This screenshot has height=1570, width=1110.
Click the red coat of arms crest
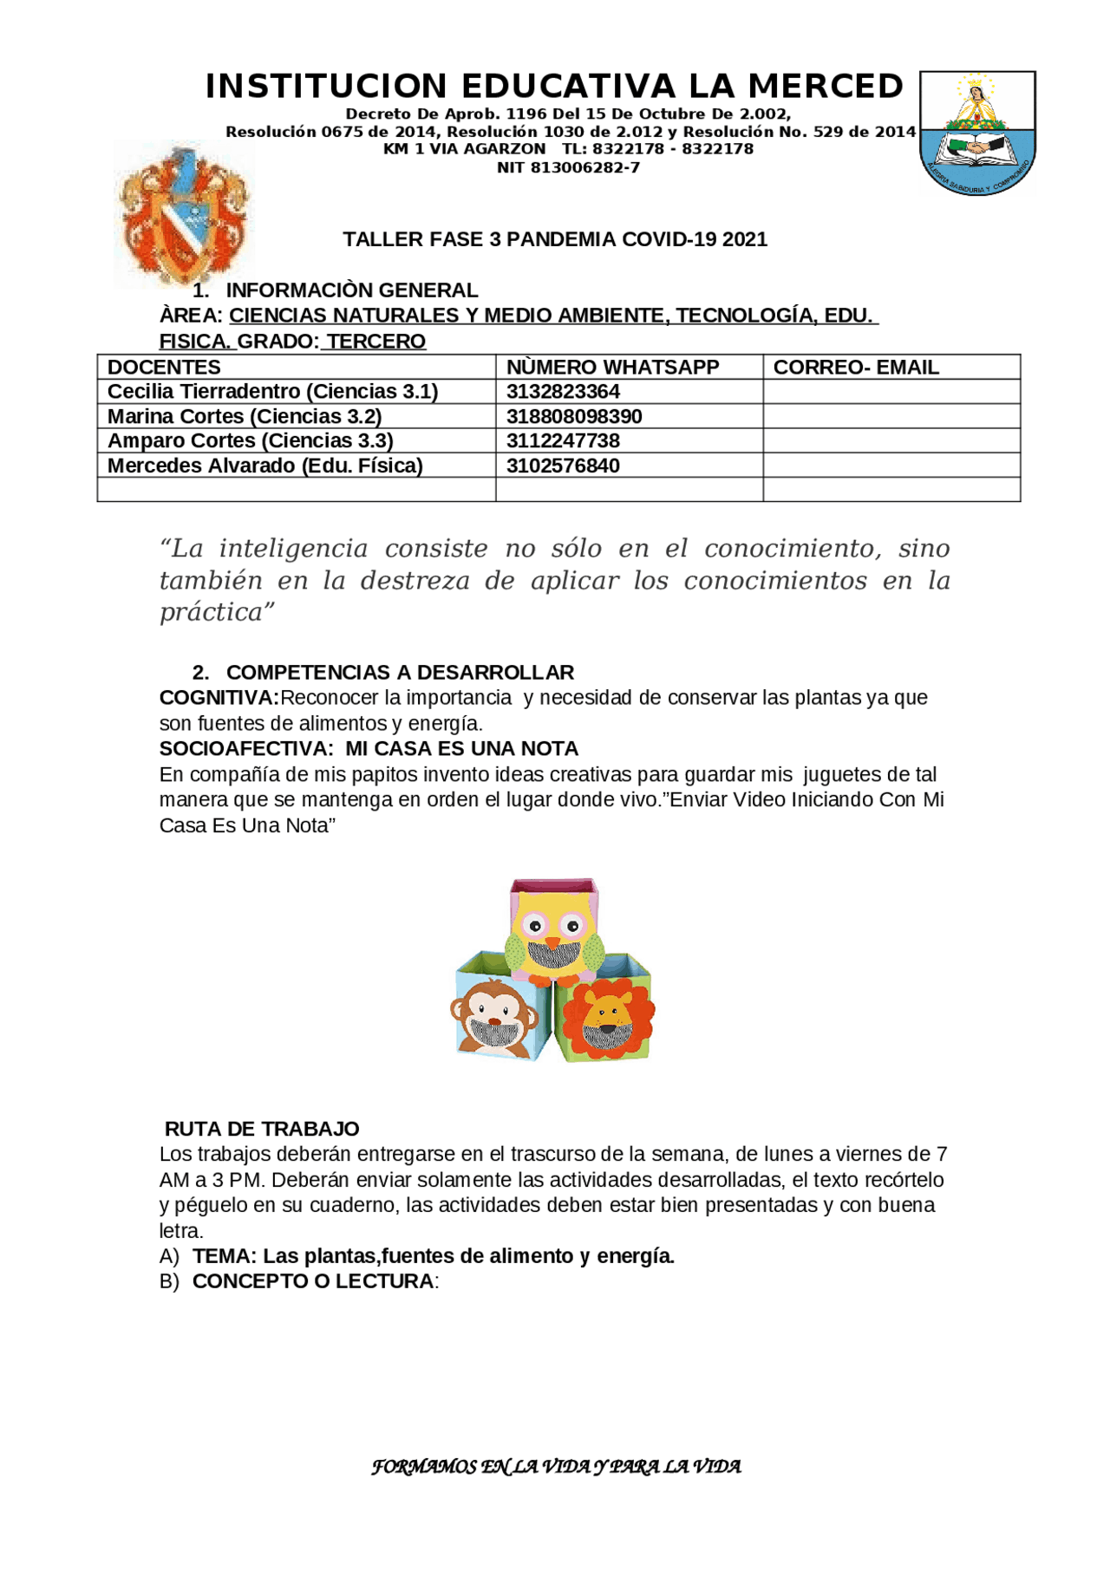tap(185, 214)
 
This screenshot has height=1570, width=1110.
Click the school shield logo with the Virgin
tap(977, 133)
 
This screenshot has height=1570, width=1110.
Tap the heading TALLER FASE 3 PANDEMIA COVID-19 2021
tap(555, 239)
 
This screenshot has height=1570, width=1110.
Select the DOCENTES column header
tap(164, 367)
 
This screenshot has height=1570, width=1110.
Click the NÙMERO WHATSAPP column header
tap(612, 367)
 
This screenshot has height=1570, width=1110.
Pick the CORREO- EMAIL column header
tap(856, 367)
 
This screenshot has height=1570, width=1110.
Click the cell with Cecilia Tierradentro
tap(272, 392)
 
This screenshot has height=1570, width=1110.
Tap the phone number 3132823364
tap(563, 392)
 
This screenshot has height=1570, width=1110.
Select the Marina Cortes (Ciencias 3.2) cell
tap(245, 416)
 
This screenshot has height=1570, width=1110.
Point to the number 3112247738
tap(563, 440)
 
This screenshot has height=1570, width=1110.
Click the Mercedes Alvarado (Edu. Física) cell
tap(264, 466)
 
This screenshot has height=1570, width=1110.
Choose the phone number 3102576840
tap(563, 466)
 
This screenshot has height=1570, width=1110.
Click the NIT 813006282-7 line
tap(568, 167)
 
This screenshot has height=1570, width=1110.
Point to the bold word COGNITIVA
tap(218, 698)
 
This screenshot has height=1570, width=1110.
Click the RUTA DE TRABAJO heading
tap(262, 1129)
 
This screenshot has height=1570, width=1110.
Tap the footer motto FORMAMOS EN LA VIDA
tap(556, 1467)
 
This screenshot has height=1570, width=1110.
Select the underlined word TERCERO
tap(376, 342)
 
